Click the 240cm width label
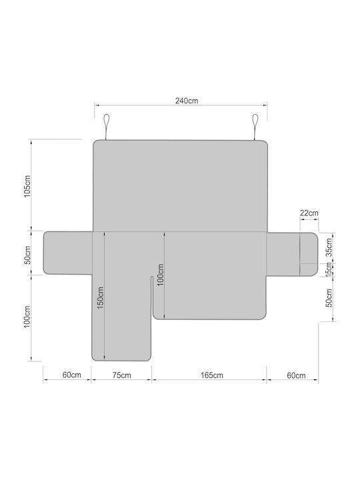click(187, 101)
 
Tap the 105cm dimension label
click(27, 187)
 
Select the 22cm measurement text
click(309, 213)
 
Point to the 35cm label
click(329, 247)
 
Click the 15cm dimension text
click(329, 270)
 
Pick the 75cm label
click(121, 375)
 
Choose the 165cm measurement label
click(212, 375)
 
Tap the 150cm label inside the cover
click(101, 297)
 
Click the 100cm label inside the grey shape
click(161, 275)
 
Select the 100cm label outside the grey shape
click(27, 317)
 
